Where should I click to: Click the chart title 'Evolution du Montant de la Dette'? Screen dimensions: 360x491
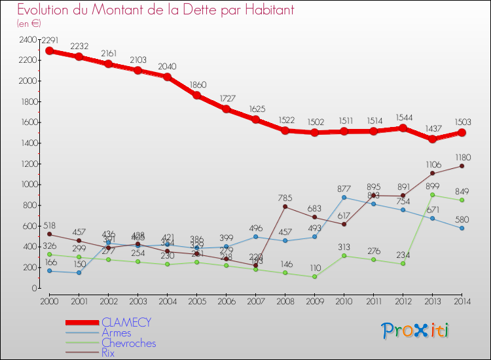coord(156,10)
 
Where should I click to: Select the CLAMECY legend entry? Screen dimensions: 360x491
coord(126,322)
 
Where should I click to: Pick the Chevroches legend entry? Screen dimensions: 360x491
coord(128,343)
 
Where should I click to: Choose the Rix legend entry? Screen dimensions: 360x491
coord(108,353)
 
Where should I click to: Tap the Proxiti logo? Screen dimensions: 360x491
coord(416,331)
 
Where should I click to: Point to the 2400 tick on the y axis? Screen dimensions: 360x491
coord(28,39)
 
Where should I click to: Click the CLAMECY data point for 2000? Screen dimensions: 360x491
coord(48,50)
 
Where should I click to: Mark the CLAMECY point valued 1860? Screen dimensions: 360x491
coord(196,95)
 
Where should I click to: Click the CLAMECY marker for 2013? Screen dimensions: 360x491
coord(433,139)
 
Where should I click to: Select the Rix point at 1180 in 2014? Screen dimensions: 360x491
coord(462,166)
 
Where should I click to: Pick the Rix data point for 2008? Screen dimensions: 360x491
coord(285,207)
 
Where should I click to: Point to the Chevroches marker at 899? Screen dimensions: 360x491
coord(433,194)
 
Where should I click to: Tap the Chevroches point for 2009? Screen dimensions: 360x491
coord(314,276)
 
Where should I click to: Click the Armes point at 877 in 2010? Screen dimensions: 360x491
coord(344,197)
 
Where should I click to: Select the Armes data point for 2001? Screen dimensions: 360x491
coord(78,272)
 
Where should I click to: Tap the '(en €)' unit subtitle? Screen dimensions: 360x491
coord(29,24)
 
